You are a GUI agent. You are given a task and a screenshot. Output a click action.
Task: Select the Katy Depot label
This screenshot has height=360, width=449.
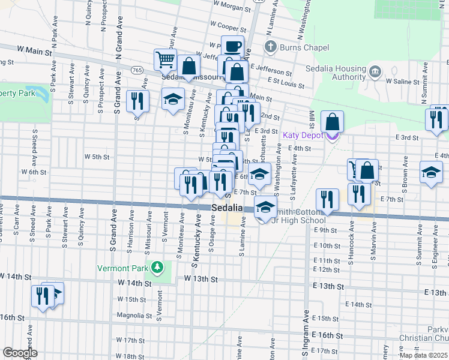pos(303,135)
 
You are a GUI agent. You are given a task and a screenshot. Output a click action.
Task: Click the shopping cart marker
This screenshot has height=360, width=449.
pos(166,60)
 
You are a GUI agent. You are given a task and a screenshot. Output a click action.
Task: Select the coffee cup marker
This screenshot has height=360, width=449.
pos(232,47)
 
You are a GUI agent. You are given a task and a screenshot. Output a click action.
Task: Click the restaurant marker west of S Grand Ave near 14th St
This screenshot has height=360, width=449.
pos(42,296)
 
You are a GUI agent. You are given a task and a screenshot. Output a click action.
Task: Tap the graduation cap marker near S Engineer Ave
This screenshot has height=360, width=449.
pos(431,173)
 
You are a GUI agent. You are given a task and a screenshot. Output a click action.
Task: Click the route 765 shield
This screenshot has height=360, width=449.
pos(137,70)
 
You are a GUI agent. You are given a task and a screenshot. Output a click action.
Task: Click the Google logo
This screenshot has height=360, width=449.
pos(20,353)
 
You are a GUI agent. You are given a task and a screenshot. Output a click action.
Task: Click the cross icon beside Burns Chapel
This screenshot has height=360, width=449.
pos(271,47)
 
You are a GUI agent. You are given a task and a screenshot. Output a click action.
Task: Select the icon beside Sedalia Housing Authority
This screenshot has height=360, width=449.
pos(375,72)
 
